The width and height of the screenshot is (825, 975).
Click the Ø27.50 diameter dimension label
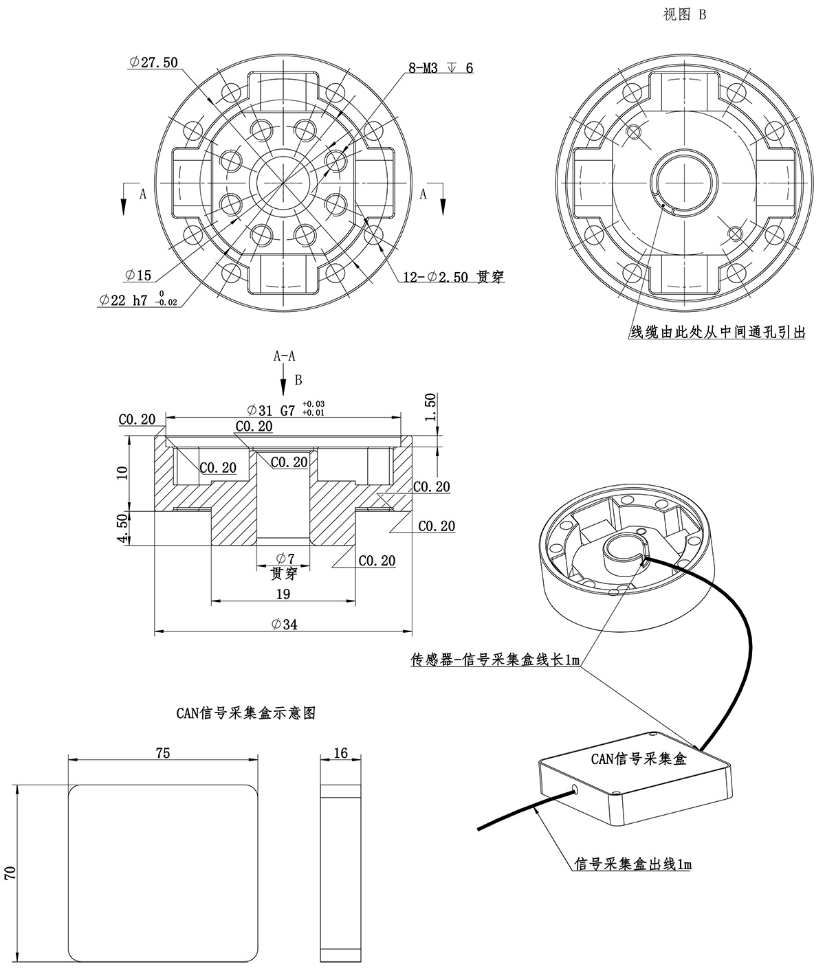click(x=153, y=63)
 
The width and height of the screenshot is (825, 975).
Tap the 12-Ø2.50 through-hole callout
click(x=453, y=278)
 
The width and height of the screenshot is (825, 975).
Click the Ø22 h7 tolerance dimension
click(x=137, y=300)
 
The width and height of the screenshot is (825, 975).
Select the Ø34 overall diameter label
click(x=284, y=624)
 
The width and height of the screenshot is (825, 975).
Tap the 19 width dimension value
click(x=283, y=594)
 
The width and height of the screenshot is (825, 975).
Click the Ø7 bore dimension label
click(x=284, y=559)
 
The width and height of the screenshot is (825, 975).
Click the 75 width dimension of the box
click(x=163, y=752)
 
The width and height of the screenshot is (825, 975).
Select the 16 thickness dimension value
click(x=340, y=753)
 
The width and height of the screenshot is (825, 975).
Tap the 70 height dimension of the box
click(x=10, y=873)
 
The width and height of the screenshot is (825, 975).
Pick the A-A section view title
click(x=285, y=356)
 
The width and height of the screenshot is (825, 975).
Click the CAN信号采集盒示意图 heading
click(x=245, y=713)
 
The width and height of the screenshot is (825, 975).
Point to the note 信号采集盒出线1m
click(x=632, y=864)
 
